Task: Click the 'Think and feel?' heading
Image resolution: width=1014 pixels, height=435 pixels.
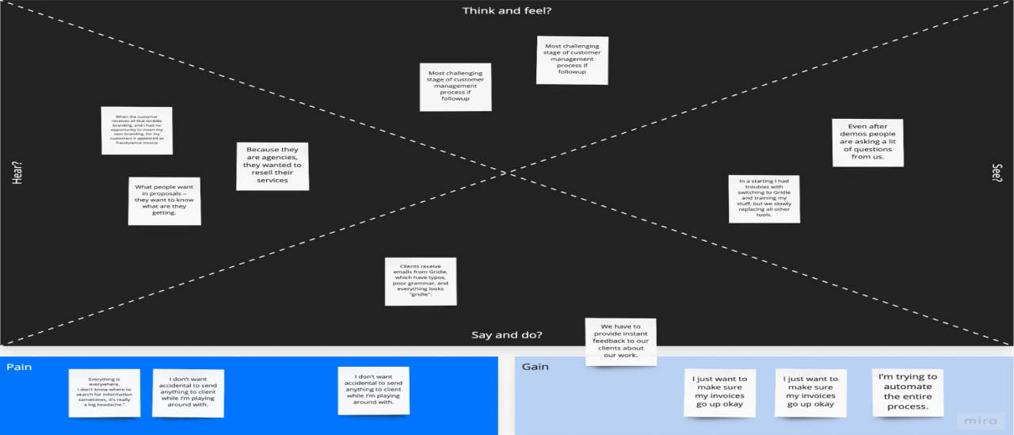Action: [x=507, y=10]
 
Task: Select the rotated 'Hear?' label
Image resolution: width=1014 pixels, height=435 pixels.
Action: [x=17, y=173]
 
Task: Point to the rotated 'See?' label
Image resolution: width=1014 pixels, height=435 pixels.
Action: [x=997, y=173]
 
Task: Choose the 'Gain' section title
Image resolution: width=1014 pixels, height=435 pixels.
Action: [x=535, y=367]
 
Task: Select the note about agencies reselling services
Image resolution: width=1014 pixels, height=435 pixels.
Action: [x=272, y=166]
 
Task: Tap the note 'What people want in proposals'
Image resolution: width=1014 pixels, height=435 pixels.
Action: [x=164, y=200]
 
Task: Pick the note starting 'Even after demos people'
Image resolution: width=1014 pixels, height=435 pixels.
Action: [x=867, y=143]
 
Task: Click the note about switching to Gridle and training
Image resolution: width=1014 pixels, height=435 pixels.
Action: [x=764, y=199]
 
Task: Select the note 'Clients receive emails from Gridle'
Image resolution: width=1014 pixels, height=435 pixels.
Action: [x=421, y=281]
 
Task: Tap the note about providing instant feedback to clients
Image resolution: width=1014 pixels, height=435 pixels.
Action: [x=620, y=342]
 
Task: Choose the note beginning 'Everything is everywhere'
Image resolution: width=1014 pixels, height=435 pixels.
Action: [x=104, y=393]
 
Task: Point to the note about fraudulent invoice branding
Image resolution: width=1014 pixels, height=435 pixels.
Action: [x=136, y=131]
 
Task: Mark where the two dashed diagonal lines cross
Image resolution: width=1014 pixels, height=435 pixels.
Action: [x=507, y=173]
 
